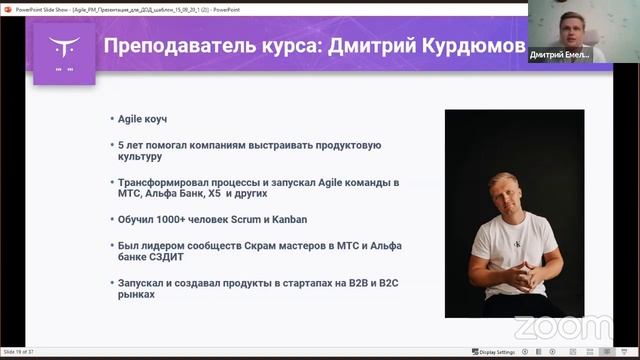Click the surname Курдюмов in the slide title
470,48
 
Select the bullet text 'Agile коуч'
143,119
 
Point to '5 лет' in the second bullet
131,145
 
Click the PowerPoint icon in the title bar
7,5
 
